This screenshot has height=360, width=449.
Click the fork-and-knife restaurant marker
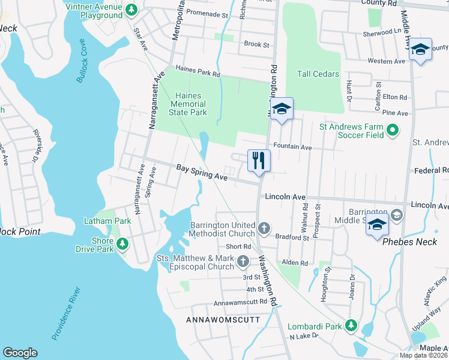[x=259, y=161]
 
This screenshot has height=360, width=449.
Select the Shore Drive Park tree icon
[x=122, y=244]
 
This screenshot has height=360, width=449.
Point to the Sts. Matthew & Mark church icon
[x=243, y=261]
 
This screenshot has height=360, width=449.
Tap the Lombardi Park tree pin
[x=351, y=326]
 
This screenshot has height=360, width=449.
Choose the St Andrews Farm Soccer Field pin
[x=393, y=130]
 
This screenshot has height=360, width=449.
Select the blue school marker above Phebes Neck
[x=376, y=226]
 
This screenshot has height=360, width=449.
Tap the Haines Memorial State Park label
[x=190, y=104]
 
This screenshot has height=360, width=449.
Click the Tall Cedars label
[x=318, y=74]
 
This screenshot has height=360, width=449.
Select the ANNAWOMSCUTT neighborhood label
[x=223, y=319]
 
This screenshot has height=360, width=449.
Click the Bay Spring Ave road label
[x=202, y=173]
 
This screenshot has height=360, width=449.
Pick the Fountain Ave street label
[x=292, y=146]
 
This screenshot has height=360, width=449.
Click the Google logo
[x=20, y=353]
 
